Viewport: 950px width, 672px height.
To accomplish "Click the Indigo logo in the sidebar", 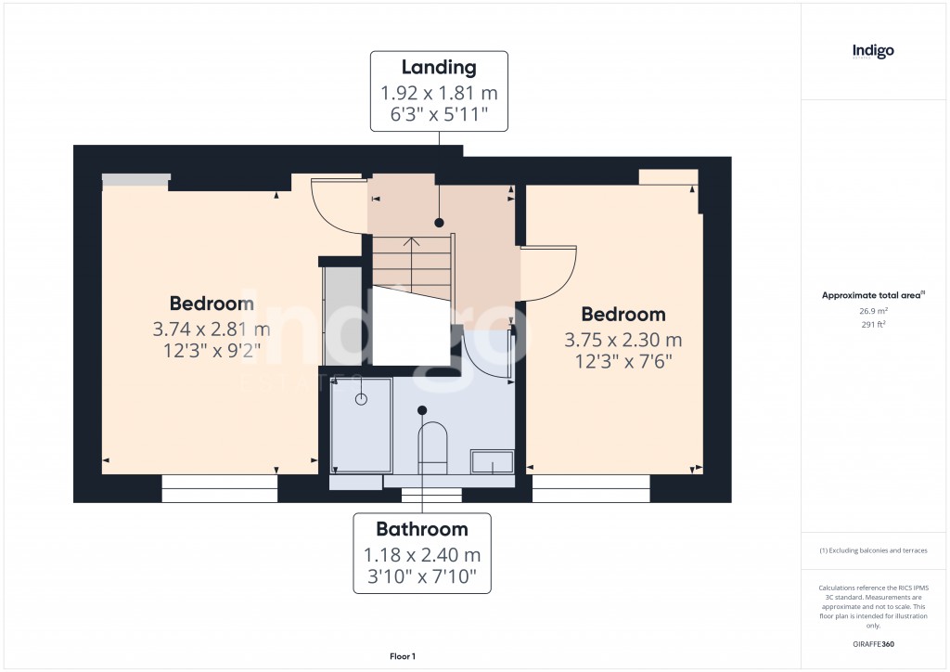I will point(873,51).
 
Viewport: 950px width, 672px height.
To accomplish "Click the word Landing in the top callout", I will point(439,67).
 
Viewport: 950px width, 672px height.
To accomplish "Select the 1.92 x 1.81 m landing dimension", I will point(439,93).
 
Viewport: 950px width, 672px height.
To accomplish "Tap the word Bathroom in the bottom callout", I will point(422,529).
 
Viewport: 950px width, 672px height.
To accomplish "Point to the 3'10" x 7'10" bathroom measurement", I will point(422,578).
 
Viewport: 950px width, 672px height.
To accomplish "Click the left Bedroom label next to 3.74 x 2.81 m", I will point(212,304).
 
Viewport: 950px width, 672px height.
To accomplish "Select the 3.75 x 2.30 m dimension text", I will point(623,340).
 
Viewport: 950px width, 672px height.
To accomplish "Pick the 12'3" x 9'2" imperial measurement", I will point(212,351).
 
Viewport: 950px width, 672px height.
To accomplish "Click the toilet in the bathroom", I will point(432,444).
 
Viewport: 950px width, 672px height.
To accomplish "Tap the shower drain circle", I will point(361,399).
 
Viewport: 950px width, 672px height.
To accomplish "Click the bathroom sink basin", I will point(492,461).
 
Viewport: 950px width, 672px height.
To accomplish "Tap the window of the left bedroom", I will point(220,488).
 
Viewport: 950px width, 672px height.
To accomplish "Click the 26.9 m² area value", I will point(873,312).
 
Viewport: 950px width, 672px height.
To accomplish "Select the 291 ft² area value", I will point(873,325).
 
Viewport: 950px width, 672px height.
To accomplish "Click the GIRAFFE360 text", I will point(874,644).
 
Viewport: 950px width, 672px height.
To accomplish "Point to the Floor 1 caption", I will point(402,656).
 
